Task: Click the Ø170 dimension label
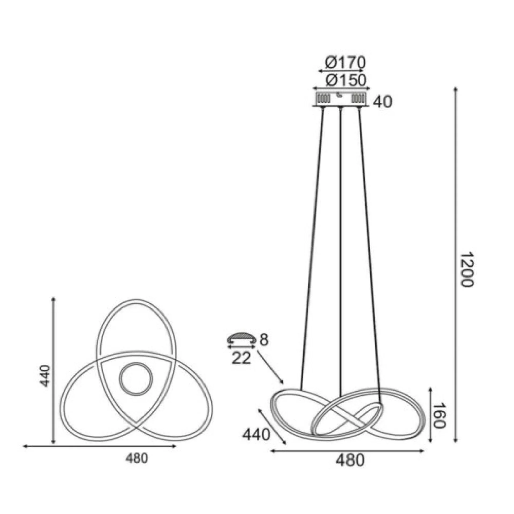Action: point(345,63)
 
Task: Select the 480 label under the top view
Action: point(137,459)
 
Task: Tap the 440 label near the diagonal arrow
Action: point(256,435)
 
